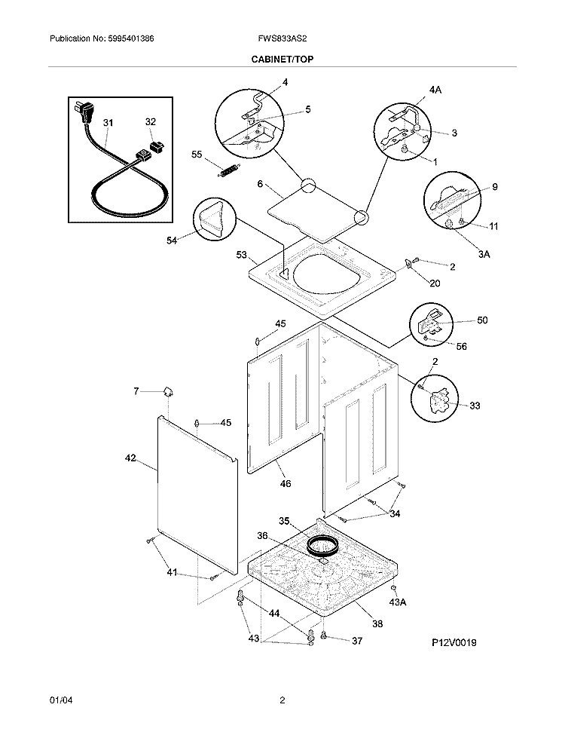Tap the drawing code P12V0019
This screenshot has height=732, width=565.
pyautogui.click(x=454, y=642)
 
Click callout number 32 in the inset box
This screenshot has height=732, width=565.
pyautogui.click(x=150, y=122)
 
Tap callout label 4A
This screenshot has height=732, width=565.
pyautogui.click(x=435, y=90)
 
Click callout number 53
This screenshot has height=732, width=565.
pyautogui.click(x=241, y=256)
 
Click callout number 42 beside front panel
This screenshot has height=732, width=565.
pyautogui.click(x=130, y=458)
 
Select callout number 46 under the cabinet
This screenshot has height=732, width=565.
pyautogui.click(x=285, y=483)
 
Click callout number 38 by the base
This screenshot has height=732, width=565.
pyautogui.click(x=377, y=623)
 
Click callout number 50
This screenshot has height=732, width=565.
pyautogui.click(x=481, y=320)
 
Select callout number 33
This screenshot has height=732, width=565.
pyautogui.click(x=475, y=406)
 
